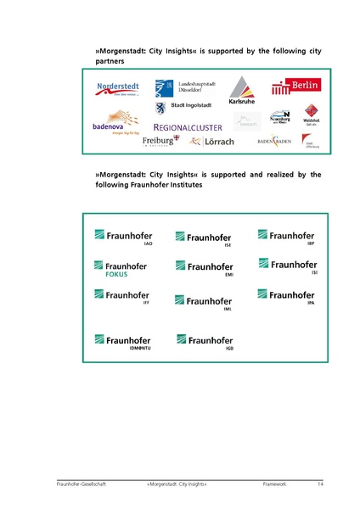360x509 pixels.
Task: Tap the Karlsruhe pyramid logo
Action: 242,91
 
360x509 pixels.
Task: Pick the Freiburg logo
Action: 160,141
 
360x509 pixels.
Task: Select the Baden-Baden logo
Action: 274,140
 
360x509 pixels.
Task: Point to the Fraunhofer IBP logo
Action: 286,236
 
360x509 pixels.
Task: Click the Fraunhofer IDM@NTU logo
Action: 122,342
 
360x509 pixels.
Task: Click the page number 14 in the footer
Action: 320,484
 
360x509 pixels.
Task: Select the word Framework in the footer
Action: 275,484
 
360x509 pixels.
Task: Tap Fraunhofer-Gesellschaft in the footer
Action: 78,484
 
